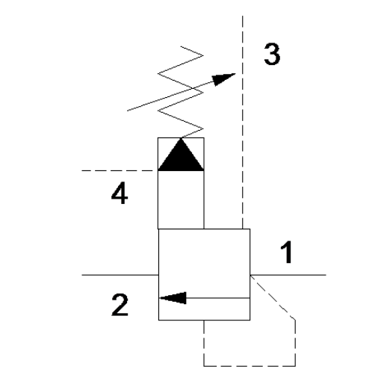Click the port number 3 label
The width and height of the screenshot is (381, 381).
click(x=272, y=54)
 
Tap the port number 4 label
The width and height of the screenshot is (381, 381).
click(x=120, y=193)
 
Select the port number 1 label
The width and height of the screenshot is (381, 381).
click(x=287, y=252)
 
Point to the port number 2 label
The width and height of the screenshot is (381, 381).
click(x=120, y=305)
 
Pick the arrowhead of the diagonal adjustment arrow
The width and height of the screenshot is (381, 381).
click(x=223, y=79)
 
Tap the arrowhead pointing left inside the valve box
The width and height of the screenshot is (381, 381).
click(x=173, y=298)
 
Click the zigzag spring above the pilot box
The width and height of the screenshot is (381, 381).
click(x=181, y=92)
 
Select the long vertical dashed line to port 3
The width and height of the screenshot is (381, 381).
click(x=243, y=122)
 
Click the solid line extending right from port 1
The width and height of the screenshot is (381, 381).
click(x=288, y=275)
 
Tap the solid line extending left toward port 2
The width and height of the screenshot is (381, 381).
click(x=120, y=275)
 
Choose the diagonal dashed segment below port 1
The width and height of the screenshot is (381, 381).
click(x=273, y=297)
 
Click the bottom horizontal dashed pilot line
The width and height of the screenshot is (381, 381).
click(x=250, y=366)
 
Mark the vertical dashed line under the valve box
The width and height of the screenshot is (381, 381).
click(x=204, y=343)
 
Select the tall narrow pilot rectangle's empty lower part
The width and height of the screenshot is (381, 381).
click(x=181, y=199)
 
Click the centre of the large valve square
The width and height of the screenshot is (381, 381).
click(x=204, y=274)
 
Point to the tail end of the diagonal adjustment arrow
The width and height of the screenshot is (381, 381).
click(x=127, y=111)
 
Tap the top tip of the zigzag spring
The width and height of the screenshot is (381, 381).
click(x=181, y=46)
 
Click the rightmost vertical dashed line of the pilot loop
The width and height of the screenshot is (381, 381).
click(x=296, y=343)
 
